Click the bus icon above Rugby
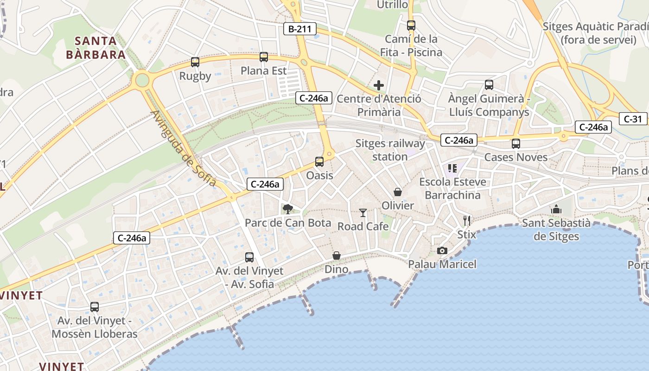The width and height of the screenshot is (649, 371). (x=195, y=62)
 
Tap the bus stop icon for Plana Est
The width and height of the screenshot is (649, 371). (x=264, y=57)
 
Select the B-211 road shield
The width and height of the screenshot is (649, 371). (x=300, y=29)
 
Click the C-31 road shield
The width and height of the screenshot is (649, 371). (x=633, y=119)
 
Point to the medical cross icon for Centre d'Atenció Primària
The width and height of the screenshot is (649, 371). (x=379, y=85)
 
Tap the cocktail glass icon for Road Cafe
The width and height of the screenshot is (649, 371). (x=363, y=213)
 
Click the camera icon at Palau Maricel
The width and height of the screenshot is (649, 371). (x=442, y=251)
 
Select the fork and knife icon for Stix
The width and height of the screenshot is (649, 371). (x=466, y=220)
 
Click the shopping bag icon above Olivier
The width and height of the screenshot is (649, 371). (x=397, y=192)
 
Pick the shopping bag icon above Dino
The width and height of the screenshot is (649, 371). (x=337, y=256)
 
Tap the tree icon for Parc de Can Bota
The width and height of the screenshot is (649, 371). (x=288, y=209)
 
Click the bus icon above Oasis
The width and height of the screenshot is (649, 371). (x=319, y=162)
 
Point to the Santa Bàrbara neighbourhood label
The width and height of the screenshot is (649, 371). (x=96, y=48)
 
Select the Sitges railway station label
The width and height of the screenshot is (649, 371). (x=390, y=150)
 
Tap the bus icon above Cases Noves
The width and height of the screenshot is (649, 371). (x=516, y=144)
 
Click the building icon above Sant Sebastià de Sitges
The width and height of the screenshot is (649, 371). (x=556, y=210)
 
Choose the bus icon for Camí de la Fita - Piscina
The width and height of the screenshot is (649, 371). (x=411, y=26)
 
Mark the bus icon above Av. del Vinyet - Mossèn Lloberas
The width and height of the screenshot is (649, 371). (x=95, y=307)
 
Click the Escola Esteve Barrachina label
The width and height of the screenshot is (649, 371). (x=452, y=188)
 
